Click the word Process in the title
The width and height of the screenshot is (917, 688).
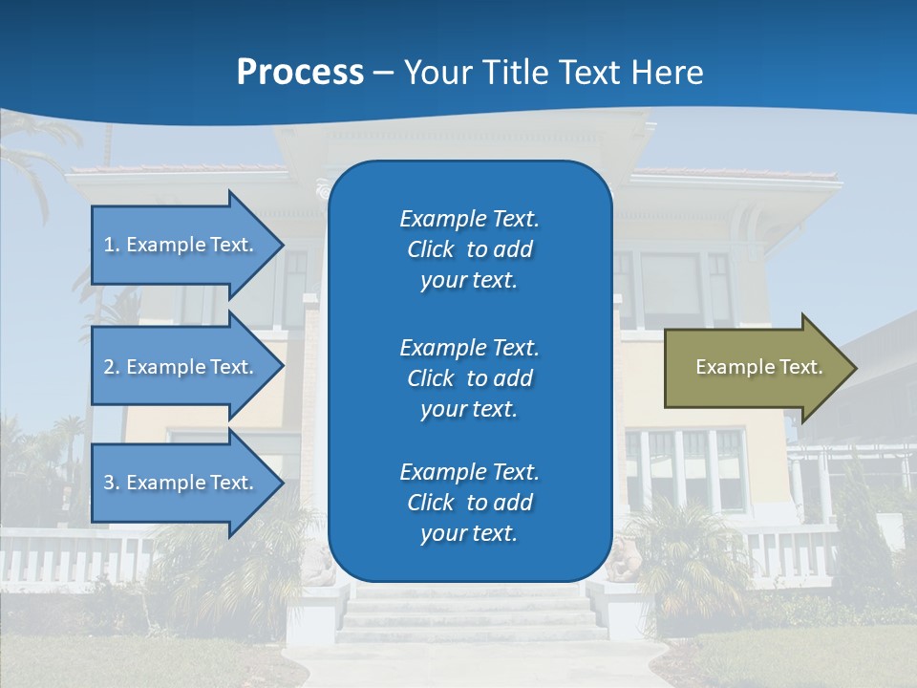coord(300,73)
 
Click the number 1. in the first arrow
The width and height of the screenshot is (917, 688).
coord(112,245)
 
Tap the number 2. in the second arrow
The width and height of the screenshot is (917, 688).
coord(112,367)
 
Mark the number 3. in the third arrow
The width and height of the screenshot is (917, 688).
coord(112,483)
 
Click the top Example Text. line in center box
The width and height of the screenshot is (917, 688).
coord(469,219)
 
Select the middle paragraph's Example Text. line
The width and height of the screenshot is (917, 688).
coord(469,347)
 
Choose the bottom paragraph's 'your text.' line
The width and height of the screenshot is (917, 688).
coord(469,534)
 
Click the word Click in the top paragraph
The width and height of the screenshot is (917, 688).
coord(430,249)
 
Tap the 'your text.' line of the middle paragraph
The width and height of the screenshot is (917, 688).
coord(469,409)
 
